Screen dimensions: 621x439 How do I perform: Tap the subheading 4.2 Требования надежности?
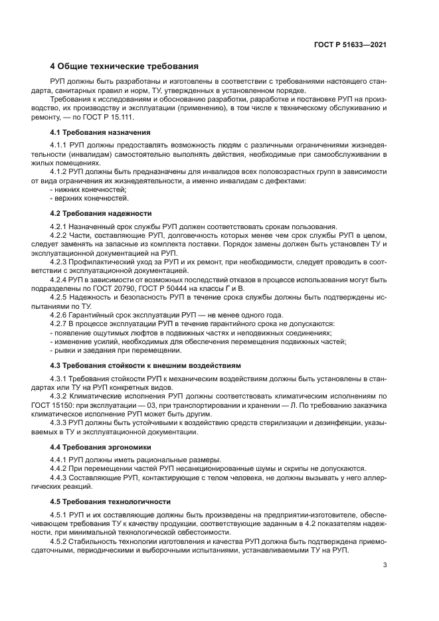pyautogui.click(x=100, y=214)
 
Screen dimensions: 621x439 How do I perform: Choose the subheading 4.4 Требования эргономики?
pyautogui.click(x=100, y=447)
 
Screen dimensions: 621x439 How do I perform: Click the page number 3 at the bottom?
pyautogui.click(x=385, y=565)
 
